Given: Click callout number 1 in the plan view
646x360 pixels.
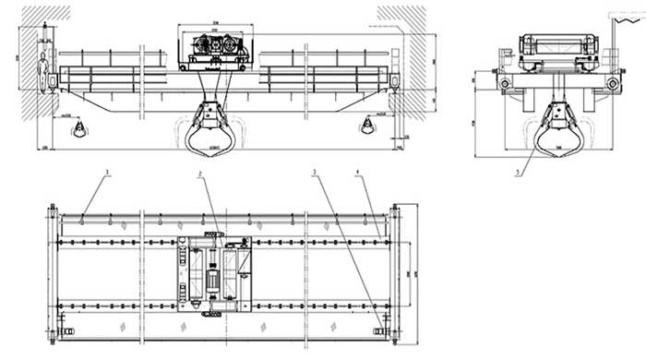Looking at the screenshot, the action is click(x=107, y=173).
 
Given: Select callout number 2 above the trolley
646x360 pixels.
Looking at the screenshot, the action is click(x=198, y=173).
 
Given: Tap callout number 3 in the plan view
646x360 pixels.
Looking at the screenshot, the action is click(x=315, y=173).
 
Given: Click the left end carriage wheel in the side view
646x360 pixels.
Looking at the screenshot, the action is click(x=506, y=83).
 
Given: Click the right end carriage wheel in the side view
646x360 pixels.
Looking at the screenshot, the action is click(x=612, y=83).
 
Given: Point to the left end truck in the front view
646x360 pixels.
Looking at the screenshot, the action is click(x=53, y=81).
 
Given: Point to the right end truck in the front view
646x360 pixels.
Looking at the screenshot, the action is click(x=396, y=81).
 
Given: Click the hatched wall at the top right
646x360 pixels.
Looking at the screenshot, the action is click(x=400, y=14).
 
